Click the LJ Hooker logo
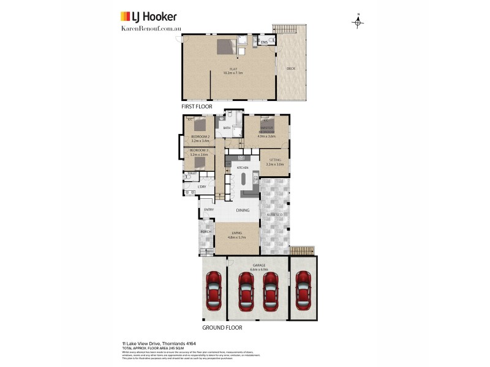point(148,16)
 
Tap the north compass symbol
point(358,22)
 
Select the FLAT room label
point(233,69)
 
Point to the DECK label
point(290,69)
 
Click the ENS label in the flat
point(265,42)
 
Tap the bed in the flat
point(225,46)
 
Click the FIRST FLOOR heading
point(197,106)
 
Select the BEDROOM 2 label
point(200,136)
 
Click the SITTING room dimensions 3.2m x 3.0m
point(275,164)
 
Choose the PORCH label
point(206,232)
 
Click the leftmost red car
point(213,290)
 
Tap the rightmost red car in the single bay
point(303,290)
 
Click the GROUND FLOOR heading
point(222,327)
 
